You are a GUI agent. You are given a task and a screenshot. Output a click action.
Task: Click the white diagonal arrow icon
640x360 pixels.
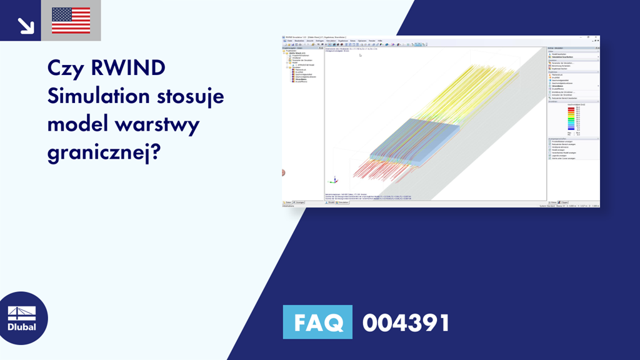26,24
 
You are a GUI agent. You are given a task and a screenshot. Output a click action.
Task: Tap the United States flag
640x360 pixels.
71,21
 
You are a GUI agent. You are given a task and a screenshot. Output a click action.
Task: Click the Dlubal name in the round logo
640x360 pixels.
22,327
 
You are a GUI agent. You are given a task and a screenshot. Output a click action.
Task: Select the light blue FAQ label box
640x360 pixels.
317,322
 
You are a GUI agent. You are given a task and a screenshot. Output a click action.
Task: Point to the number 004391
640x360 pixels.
406,323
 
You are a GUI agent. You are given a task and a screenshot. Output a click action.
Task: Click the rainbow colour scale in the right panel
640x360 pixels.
569,118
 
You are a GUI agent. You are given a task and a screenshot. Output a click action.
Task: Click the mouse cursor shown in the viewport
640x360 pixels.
359,55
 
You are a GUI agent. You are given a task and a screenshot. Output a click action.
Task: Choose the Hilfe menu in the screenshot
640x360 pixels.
379,41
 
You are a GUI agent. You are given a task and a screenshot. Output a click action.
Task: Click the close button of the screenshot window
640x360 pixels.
597,37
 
